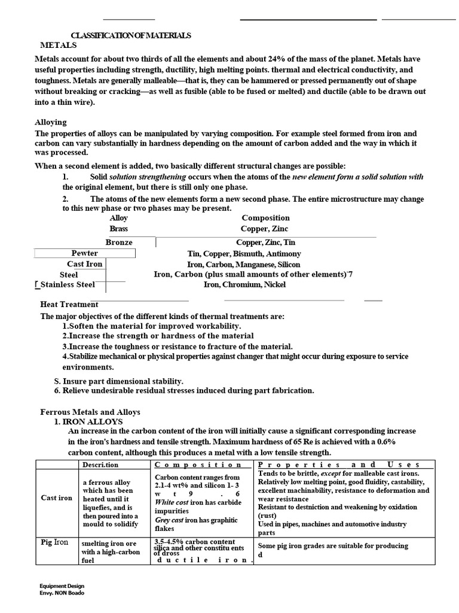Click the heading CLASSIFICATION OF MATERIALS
[131, 35]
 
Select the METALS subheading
[59, 45]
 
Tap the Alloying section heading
[51, 122]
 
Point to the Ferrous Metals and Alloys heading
[90, 412]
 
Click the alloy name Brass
[118, 229]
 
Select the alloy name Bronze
[119, 242]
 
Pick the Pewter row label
[85, 253]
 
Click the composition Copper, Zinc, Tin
[265, 242]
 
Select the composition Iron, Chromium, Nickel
[244, 285]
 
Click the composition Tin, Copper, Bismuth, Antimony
[244, 253]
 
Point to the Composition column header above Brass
[265, 218]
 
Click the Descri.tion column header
[100, 465]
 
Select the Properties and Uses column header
[339, 465]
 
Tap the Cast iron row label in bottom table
[56, 497]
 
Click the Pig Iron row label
[54, 542]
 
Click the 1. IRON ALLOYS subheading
[88, 421]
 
